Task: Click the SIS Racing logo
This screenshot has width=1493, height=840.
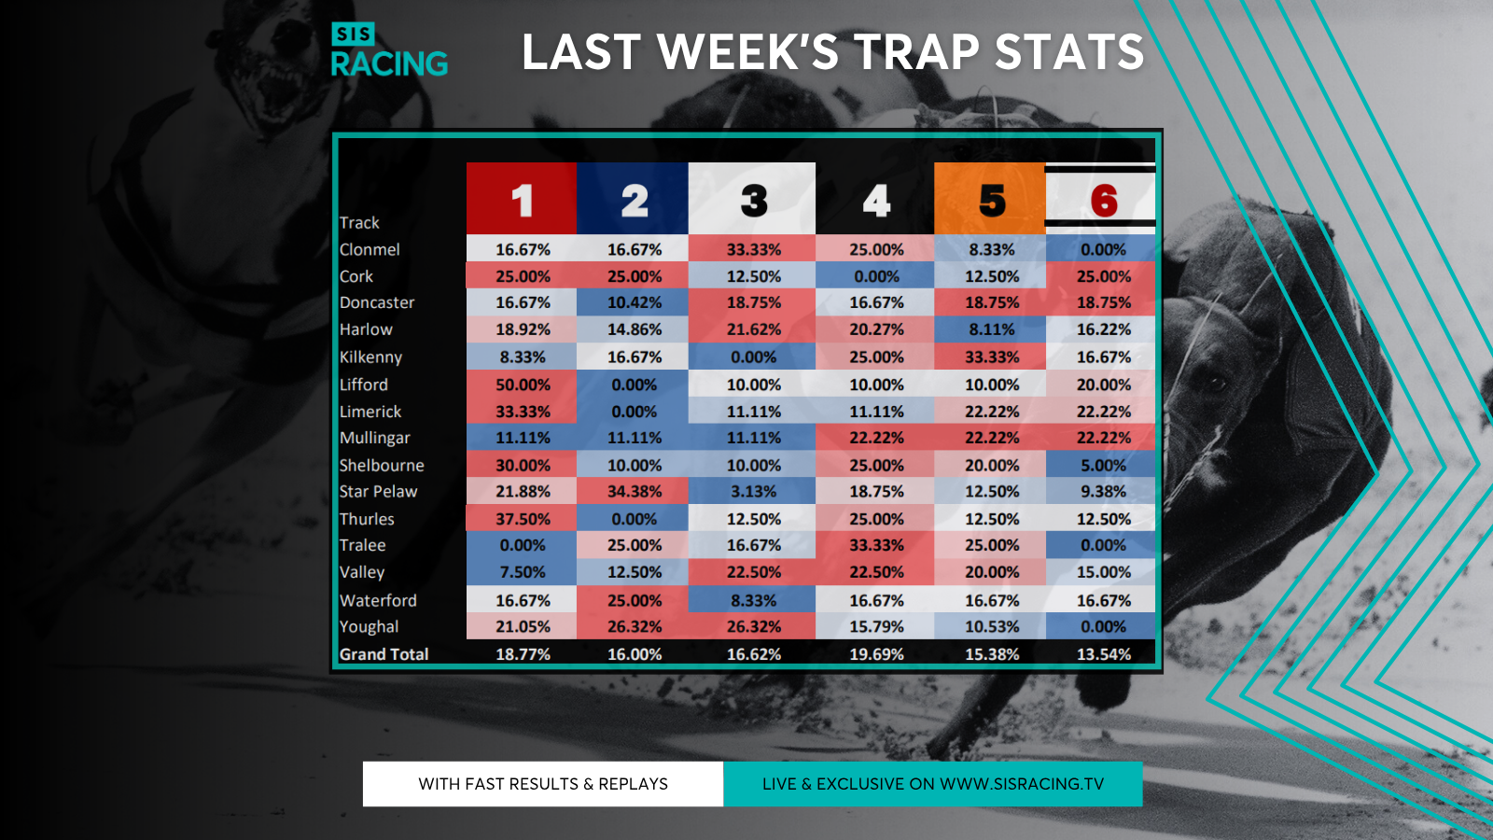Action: (389, 49)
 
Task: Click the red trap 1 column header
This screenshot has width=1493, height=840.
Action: (522, 198)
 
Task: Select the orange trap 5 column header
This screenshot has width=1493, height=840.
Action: (990, 198)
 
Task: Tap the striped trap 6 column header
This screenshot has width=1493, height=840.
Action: (1100, 198)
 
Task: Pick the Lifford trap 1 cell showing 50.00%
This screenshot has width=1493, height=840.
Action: (522, 385)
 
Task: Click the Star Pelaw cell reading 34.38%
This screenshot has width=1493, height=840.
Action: (633, 491)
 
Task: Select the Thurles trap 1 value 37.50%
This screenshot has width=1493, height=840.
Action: (522, 519)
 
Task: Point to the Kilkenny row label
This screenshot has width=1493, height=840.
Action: (370, 357)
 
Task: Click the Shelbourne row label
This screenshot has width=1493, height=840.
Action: (382, 466)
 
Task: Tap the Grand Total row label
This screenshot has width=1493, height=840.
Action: (384, 654)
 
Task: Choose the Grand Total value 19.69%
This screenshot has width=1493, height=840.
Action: (876, 654)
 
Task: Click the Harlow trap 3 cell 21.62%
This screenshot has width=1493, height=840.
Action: (752, 329)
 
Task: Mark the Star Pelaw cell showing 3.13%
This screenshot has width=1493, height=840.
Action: (752, 491)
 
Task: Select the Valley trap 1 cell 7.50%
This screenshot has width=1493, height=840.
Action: (522, 572)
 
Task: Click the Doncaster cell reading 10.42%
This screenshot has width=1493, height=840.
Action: (633, 302)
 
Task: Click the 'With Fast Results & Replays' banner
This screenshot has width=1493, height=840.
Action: (542, 784)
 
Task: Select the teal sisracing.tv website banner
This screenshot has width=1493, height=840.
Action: (933, 784)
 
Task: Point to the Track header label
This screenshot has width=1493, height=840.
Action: (358, 223)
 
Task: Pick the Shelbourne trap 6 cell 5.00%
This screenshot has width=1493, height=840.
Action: (1100, 466)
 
